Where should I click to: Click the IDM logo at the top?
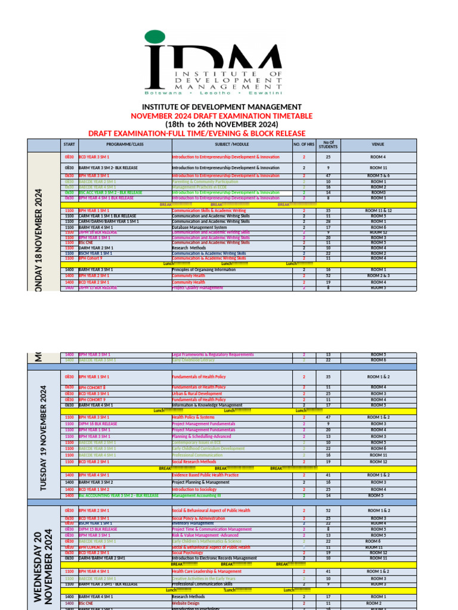(213, 63)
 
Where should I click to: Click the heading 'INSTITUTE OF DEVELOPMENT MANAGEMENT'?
(230, 107)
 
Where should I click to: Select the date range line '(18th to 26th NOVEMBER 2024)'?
(230, 124)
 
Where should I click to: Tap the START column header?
(69, 145)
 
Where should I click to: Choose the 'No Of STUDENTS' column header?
(328, 145)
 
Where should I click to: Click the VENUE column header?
(378, 145)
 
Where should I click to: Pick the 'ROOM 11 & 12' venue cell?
(378, 211)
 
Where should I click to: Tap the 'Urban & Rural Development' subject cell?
(197, 394)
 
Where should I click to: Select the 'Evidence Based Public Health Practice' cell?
(205, 475)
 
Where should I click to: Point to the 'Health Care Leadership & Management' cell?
(206, 571)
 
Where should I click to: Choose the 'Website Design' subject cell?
(185, 603)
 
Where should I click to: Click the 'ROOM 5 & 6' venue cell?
(378, 176)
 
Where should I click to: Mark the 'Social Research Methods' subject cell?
(194, 462)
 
